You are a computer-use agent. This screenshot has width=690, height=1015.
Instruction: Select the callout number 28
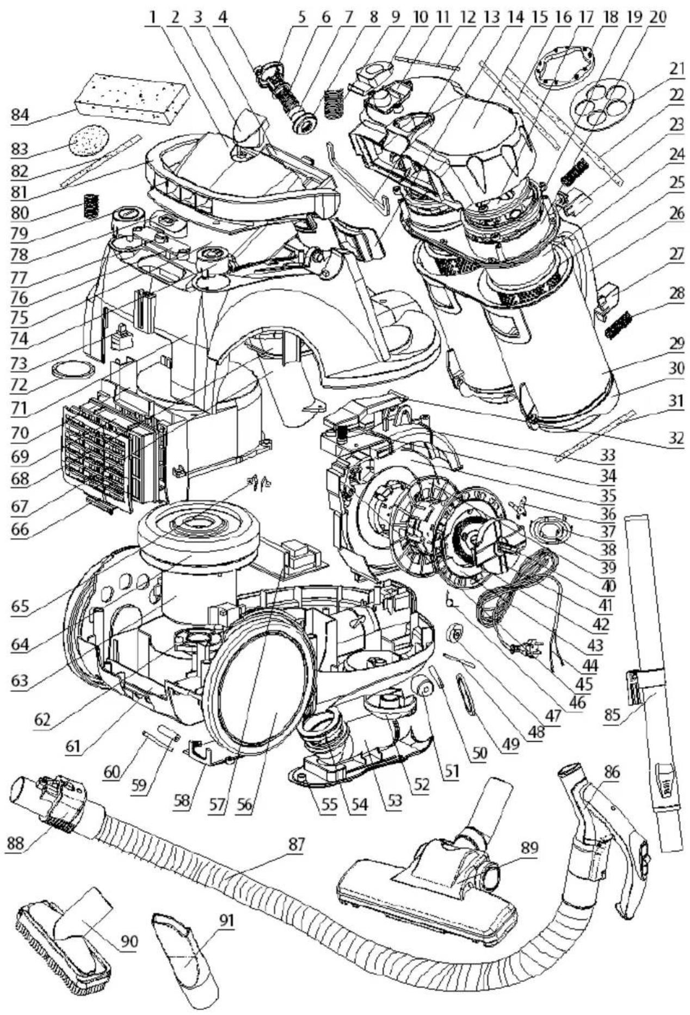point(676,294)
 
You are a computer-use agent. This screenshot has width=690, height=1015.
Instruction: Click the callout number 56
point(244,804)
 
